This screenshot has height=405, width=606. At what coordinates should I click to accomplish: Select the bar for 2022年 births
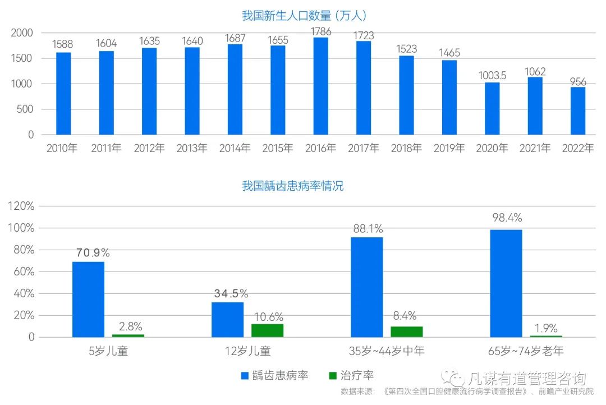pyautogui.click(x=578, y=111)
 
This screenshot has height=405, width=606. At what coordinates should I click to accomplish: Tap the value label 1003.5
pyautogui.click(x=492, y=75)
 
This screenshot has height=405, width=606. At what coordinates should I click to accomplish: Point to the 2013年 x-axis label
pyautogui.click(x=192, y=149)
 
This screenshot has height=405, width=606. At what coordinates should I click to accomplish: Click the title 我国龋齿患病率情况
pyautogui.click(x=293, y=186)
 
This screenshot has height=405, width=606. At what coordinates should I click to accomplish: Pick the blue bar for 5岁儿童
pyautogui.click(x=88, y=300)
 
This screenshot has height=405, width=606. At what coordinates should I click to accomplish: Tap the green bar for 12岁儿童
pyautogui.click(x=268, y=330)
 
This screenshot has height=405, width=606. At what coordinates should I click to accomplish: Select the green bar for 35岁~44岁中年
pyautogui.click(x=407, y=332)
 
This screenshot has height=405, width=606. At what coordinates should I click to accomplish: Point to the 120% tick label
pyautogui.click(x=21, y=206)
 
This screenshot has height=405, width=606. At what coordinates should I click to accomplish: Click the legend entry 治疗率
pyautogui.click(x=352, y=375)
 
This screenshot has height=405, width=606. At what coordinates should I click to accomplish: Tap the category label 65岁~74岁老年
pyautogui.click(x=526, y=352)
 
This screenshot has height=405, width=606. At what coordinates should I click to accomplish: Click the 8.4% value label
pyautogui.click(x=405, y=316)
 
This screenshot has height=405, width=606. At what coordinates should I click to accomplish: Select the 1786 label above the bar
pyautogui.click(x=320, y=32)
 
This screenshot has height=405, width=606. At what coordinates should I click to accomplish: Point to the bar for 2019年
pyautogui.click(x=449, y=97)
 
